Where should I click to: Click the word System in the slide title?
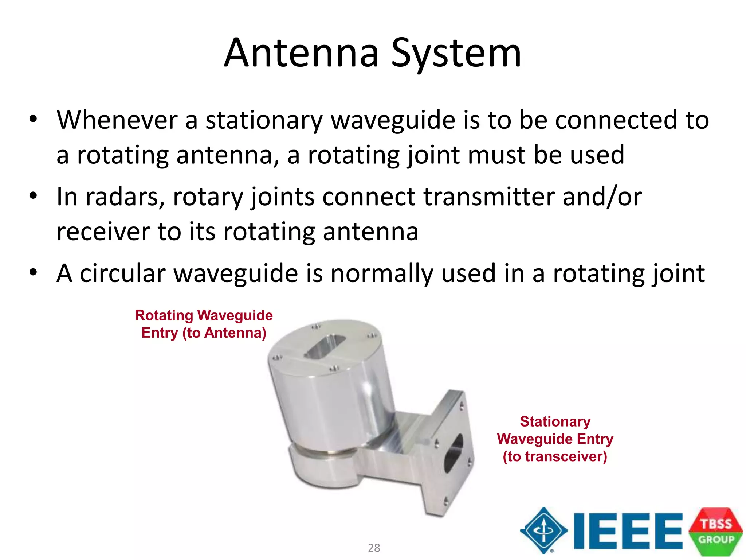tap(456, 54)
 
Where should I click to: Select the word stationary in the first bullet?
tap(264, 120)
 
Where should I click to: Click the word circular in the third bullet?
tap(122, 273)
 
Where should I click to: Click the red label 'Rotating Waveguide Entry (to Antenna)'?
tap(204, 324)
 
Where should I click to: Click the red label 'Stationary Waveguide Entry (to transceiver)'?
tap(555, 439)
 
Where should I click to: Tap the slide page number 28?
tap(374, 548)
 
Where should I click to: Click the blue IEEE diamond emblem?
tap(543, 530)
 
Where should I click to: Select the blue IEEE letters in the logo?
tap(627, 531)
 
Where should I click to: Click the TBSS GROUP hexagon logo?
tap(716, 532)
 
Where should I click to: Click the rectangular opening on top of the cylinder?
tap(325, 346)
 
